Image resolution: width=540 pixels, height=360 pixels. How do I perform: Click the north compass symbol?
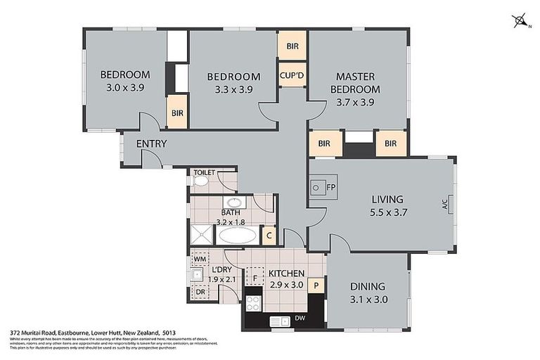pos(522,22)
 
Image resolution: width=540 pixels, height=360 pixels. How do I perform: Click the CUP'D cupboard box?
pos(292,75)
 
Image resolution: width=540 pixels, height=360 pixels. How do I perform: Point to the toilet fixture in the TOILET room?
pos(200,181)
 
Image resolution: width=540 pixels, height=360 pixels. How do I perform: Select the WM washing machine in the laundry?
pos(200,259)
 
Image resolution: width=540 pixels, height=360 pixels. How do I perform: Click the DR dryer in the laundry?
pos(200,291)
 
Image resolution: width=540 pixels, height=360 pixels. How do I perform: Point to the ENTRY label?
pos(151,143)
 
